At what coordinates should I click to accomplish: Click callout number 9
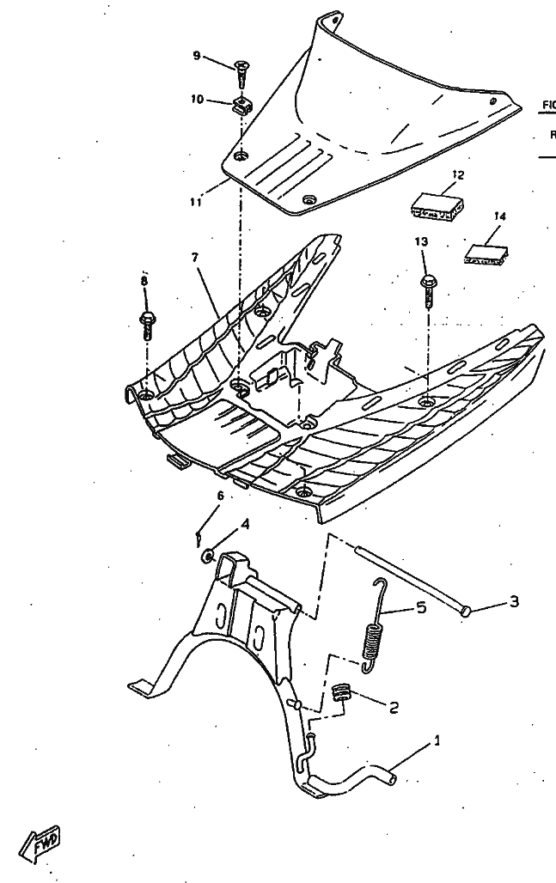[x=196, y=56]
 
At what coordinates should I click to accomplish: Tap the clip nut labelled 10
[x=244, y=107]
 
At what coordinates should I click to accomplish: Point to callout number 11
[x=196, y=203]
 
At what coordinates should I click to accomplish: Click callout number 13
[x=421, y=242]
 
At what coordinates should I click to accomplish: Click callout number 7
[x=195, y=257]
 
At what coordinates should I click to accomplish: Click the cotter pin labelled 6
[x=199, y=536]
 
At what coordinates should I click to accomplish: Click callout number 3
[x=514, y=601]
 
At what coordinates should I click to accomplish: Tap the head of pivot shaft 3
[x=466, y=611]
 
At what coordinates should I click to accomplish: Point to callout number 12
[x=457, y=175]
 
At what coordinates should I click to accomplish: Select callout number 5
[x=420, y=607]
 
